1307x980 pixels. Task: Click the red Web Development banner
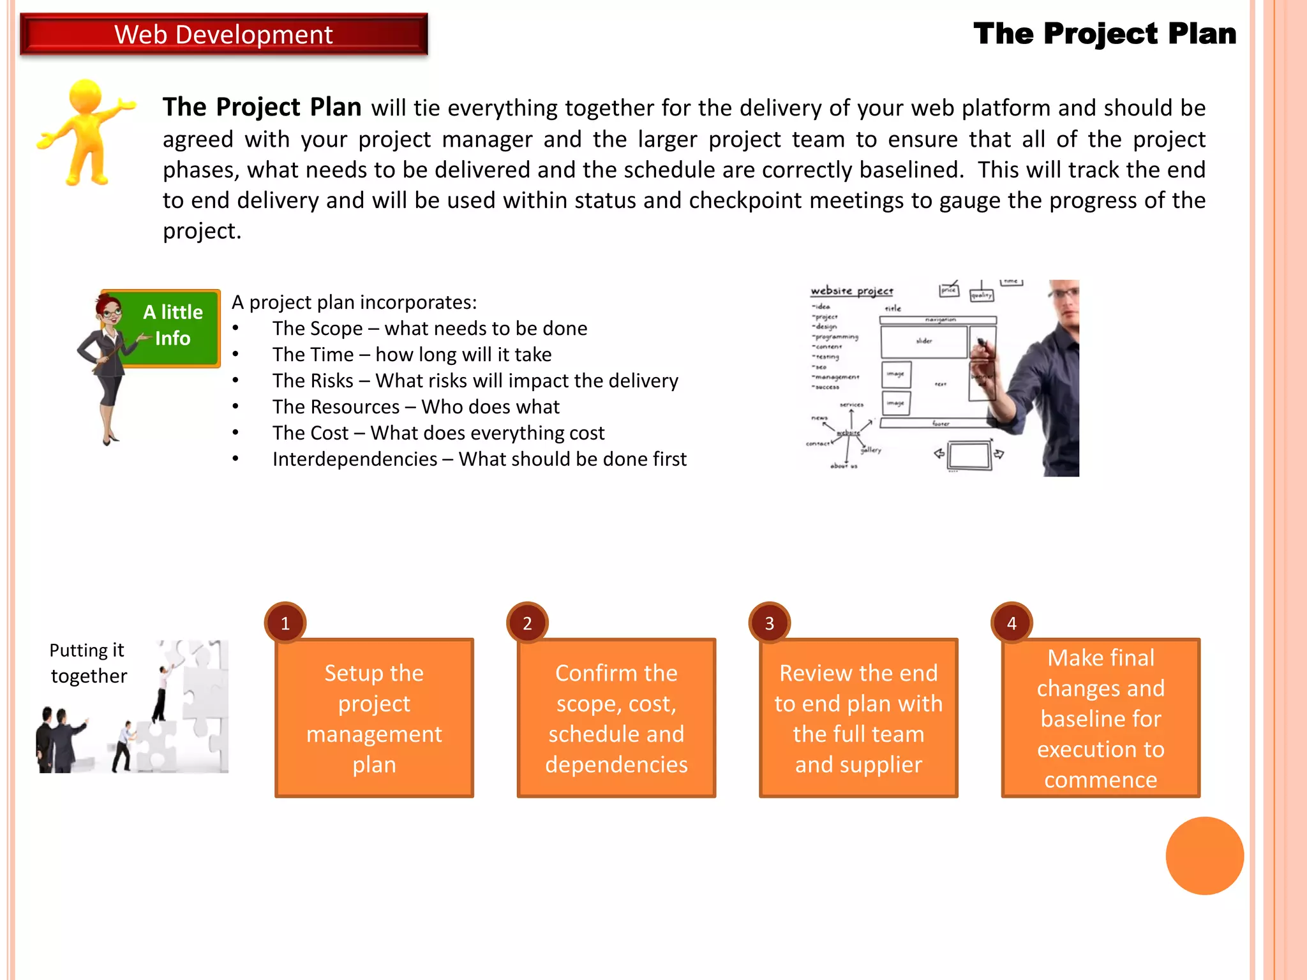point(223,34)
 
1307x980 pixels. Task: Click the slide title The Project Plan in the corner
point(1105,34)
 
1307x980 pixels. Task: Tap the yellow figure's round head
point(86,96)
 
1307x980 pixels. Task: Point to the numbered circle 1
point(285,623)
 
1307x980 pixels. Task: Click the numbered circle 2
point(527,623)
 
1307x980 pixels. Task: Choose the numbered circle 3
point(770,623)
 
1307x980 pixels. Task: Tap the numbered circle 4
point(1012,623)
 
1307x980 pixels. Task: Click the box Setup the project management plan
point(374,718)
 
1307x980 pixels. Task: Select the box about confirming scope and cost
point(616,718)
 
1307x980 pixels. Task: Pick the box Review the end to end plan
point(858,718)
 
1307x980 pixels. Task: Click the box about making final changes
point(1100,718)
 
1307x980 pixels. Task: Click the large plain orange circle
point(1204,856)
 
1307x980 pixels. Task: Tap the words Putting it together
point(88,663)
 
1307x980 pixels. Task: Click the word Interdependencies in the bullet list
point(355,459)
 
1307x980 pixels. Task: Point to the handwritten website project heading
point(852,291)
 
